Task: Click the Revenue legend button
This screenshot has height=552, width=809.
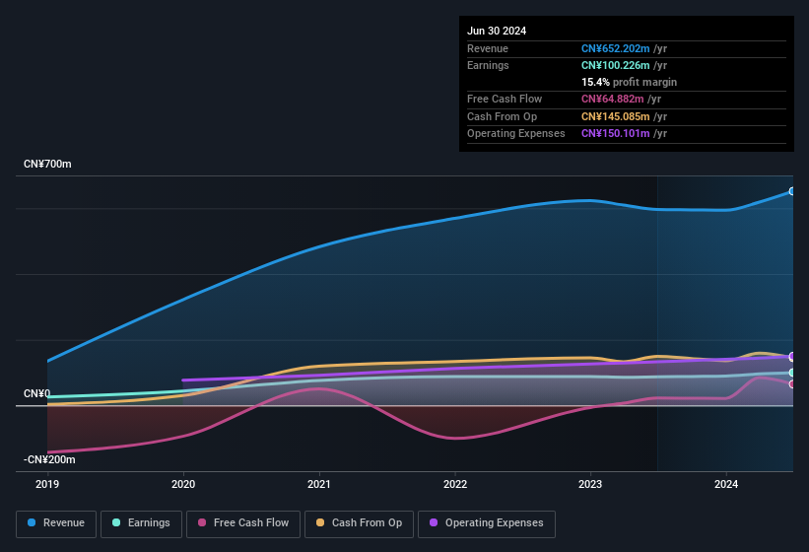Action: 56,523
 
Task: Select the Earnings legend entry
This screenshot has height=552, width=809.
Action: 141,523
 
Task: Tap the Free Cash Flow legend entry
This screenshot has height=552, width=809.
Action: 244,523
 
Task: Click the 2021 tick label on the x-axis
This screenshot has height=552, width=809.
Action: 318,484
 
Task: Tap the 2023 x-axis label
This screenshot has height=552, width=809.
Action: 590,484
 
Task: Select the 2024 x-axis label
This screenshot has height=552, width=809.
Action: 726,484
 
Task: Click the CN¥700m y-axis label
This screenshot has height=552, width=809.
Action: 47,164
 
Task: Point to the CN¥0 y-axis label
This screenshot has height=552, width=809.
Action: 36,393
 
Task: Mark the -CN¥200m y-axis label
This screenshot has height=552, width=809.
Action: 49,459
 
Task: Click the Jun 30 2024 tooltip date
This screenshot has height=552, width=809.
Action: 497,31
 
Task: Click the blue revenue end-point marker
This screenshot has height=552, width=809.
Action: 792,191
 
